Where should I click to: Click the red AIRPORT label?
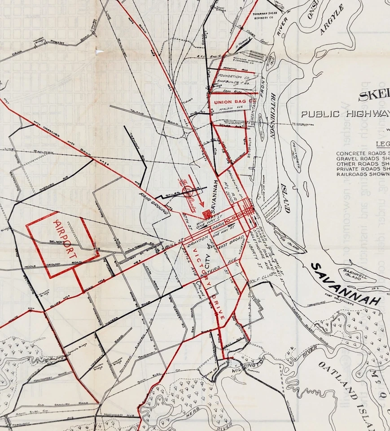pos(66,238)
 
